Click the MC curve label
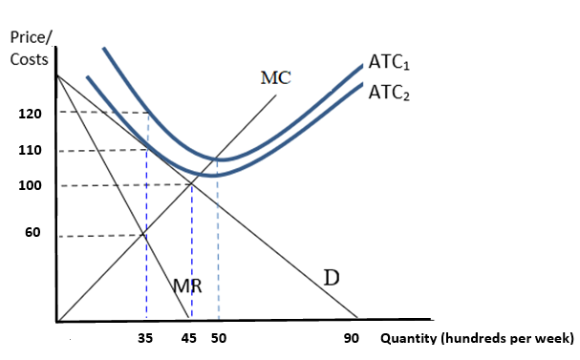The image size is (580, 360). (x=275, y=76)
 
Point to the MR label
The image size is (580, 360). (x=188, y=284)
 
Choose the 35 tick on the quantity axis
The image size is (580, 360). (x=146, y=337)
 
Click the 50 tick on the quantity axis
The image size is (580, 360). (x=219, y=337)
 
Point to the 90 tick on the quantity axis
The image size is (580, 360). (x=352, y=338)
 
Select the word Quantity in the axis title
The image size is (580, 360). (x=410, y=338)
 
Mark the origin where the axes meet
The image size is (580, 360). (x=57, y=320)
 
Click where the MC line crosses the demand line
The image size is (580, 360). (x=192, y=184)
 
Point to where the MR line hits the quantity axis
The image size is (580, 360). (x=187, y=319)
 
